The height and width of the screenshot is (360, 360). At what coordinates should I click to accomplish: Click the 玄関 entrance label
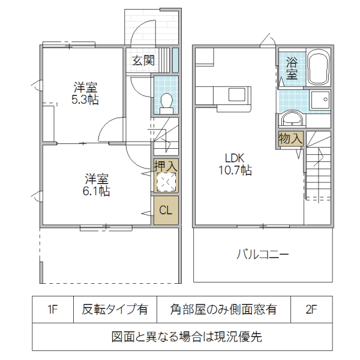[143, 60]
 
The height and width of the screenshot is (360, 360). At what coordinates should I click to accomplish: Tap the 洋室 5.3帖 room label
[85, 94]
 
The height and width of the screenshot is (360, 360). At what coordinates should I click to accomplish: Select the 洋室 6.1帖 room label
[96, 185]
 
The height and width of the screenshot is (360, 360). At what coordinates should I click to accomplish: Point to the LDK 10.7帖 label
[231, 164]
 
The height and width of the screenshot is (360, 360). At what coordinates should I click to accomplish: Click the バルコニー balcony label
[262, 254]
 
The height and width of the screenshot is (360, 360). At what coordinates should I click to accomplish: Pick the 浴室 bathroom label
[292, 68]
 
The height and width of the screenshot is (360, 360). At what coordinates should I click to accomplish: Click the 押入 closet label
[166, 164]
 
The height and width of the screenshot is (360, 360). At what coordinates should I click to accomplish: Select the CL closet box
[166, 211]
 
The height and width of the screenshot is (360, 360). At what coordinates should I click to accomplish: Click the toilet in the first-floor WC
[166, 102]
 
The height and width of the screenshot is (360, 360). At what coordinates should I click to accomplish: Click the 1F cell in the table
[53, 310]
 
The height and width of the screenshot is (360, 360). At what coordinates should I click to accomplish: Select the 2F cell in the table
[311, 310]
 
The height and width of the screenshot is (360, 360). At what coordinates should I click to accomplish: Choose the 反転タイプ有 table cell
[115, 310]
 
